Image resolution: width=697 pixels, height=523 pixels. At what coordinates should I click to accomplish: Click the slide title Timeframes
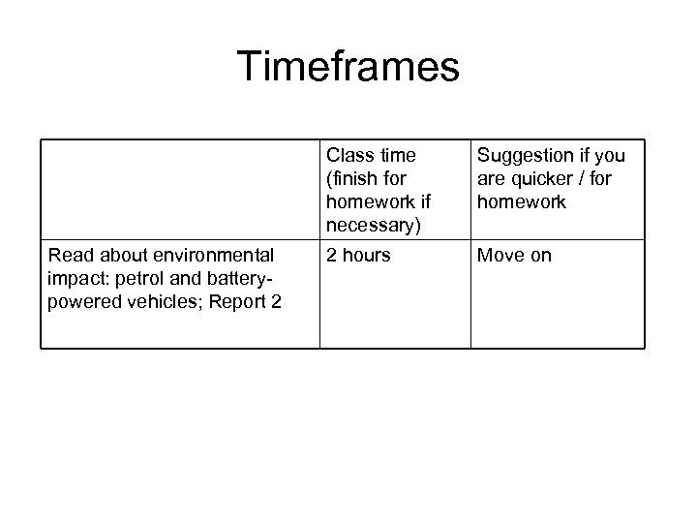[348, 67]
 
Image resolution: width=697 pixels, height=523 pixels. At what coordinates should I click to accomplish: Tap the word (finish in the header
[353, 179]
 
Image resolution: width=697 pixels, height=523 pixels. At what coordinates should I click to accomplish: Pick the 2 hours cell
[358, 256]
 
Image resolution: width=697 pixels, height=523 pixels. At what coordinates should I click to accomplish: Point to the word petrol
[146, 279]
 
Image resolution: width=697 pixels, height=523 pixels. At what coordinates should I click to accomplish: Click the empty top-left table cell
[180, 190]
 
